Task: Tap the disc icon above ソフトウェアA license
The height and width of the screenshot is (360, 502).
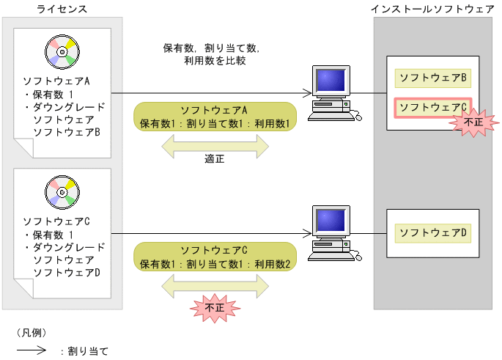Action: pos(62,51)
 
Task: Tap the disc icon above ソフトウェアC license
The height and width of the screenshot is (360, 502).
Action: pos(62,191)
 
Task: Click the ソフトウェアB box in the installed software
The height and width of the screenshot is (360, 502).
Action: pos(433,77)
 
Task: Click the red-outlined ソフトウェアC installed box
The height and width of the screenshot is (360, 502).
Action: pos(432,107)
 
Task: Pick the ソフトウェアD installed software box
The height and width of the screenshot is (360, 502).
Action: pos(433,233)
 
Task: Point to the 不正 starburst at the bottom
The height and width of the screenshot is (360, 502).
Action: pos(214,309)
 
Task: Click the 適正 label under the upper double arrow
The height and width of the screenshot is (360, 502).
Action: pos(215,158)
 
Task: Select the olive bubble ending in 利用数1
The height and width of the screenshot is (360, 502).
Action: pos(215,116)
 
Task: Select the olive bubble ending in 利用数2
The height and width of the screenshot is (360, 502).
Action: pos(215,257)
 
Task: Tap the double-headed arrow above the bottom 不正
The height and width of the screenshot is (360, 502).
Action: pos(215,284)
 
